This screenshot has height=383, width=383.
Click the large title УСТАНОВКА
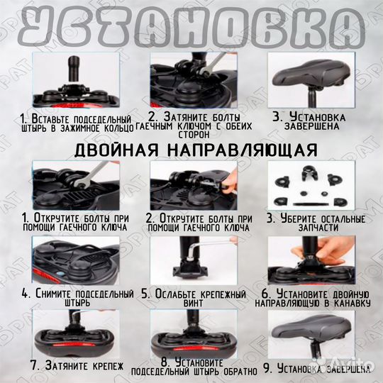(x=191, y=26)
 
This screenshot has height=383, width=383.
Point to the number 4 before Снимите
(x=25, y=292)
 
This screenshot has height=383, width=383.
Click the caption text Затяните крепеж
(x=77, y=366)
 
